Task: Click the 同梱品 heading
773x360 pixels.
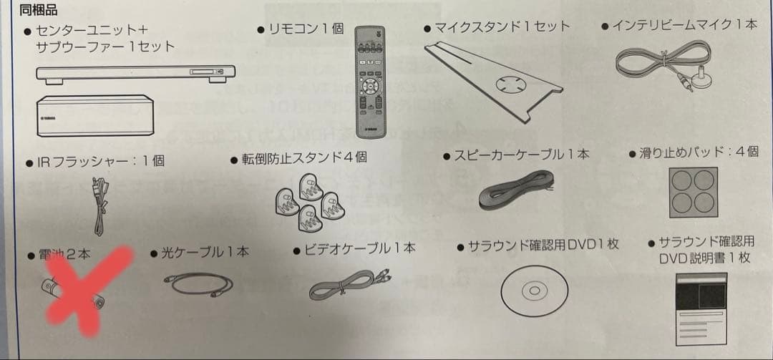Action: [x=38, y=10]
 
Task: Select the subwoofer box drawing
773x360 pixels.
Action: [x=95, y=115]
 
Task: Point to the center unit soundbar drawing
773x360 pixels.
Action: [x=135, y=74]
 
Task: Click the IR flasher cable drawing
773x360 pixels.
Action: [x=101, y=206]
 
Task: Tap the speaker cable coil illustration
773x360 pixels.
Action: [x=515, y=190]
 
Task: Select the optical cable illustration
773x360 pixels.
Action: [x=198, y=285]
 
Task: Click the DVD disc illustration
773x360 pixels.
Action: [x=535, y=291]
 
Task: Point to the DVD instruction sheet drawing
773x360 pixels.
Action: [x=701, y=308]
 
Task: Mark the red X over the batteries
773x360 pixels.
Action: [x=87, y=291]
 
